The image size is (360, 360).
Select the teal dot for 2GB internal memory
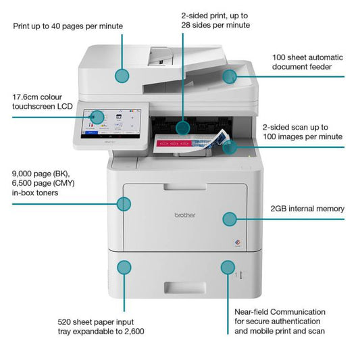point(230,218)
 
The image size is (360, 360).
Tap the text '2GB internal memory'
point(307,209)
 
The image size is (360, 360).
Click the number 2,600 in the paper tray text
point(132,332)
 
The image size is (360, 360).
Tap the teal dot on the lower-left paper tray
point(124,267)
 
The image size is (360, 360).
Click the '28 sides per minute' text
point(215,24)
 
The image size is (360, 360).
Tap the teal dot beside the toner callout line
point(123,203)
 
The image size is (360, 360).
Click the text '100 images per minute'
point(303,137)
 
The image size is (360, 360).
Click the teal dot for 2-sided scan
point(230,146)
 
